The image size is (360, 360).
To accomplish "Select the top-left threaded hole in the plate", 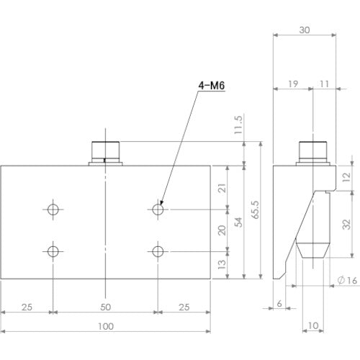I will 53,210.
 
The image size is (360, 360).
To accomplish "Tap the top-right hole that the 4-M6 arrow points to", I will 158,210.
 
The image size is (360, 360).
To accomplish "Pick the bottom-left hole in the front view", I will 53,251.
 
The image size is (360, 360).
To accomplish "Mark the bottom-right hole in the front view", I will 158,251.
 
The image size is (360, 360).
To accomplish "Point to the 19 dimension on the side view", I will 292,85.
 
